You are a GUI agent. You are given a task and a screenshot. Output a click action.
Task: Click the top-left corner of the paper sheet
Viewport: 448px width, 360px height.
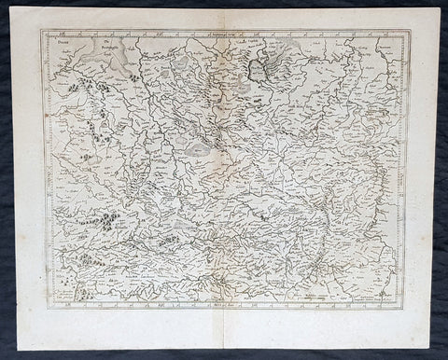[19, 11]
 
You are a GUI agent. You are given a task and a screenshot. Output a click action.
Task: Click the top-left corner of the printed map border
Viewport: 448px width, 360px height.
[41, 31]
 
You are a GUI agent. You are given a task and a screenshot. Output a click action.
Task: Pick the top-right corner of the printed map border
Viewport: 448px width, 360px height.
[409, 31]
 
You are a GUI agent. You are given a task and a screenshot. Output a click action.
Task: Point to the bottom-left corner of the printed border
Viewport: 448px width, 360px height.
[41, 303]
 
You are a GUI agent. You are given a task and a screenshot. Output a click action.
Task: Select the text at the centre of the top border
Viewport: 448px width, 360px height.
[225, 33]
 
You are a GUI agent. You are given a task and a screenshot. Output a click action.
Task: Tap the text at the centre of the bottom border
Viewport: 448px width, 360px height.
[224, 299]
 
